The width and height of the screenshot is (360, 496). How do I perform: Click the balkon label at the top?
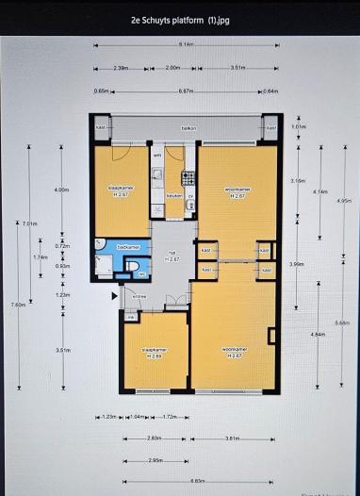[x=188, y=128]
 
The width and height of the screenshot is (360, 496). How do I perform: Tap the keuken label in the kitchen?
[x=173, y=195]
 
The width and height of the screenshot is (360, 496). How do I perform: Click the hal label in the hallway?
[x=172, y=254]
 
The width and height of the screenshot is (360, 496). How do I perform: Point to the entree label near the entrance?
[x=139, y=296]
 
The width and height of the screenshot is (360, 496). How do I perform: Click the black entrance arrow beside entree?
[x=116, y=297]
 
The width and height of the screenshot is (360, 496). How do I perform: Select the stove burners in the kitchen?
[x=188, y=175]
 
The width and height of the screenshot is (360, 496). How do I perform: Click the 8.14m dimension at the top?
[x=187, y=44]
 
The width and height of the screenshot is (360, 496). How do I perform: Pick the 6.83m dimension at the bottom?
[x=197, y=480]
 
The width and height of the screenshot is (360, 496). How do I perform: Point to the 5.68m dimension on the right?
[x=342, y=322]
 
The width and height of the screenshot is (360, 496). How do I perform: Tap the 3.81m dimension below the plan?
[x=231, y=438]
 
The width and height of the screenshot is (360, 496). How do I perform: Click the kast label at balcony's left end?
[x=101, y=128]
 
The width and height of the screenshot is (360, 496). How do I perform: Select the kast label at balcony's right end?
[x=270, y=128]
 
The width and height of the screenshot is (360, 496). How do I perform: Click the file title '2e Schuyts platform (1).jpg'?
[x=179, y=18]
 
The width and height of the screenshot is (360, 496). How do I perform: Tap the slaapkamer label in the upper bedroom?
[x=121, y=190]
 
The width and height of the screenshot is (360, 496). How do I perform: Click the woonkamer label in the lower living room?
[x=234, y=351]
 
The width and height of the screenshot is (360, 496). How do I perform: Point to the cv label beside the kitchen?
[x=190, y=195]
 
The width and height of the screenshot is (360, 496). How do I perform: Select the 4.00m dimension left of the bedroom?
[x=62, y=190]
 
